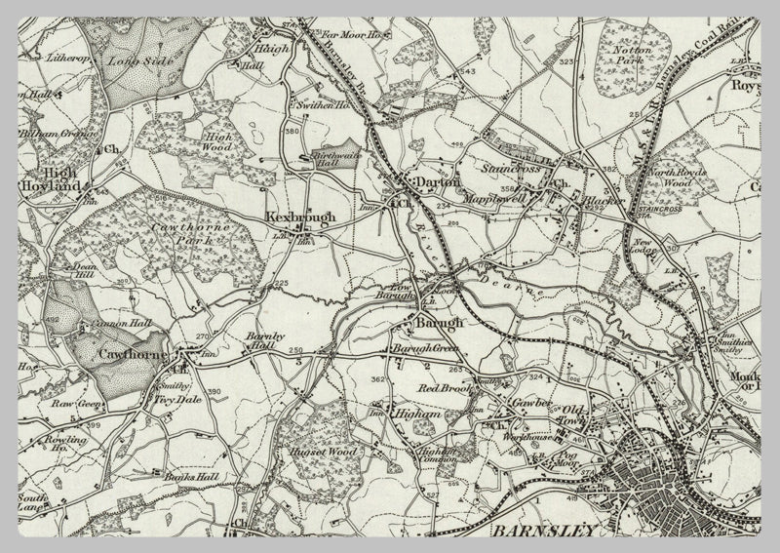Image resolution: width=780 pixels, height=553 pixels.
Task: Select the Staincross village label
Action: pyautogui.click(x=510, y=168)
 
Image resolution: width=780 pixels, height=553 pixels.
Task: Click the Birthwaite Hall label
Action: pyautogui.click(x=333, y=161)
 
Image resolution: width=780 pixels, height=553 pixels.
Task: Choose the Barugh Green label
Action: pyautogui.click(x=424, y=348)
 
